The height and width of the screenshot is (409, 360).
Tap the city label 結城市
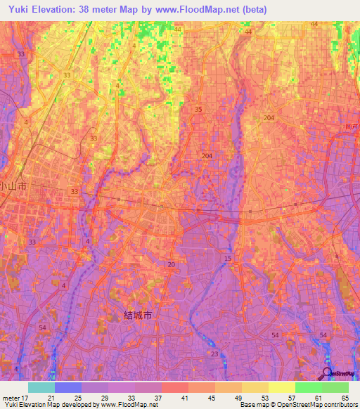pos(138,315)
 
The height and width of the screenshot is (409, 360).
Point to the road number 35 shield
pos(198,109)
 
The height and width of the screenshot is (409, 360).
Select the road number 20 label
pos(172,264)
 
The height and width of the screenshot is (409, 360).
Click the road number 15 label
pos(227,259)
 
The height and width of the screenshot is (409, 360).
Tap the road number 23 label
pos(214,353)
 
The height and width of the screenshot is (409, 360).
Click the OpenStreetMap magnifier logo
pos(327,373)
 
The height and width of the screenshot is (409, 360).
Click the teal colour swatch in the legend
pos(41,387)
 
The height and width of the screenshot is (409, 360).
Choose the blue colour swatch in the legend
pos(68,387)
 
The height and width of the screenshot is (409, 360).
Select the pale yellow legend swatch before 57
pos(282,387)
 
